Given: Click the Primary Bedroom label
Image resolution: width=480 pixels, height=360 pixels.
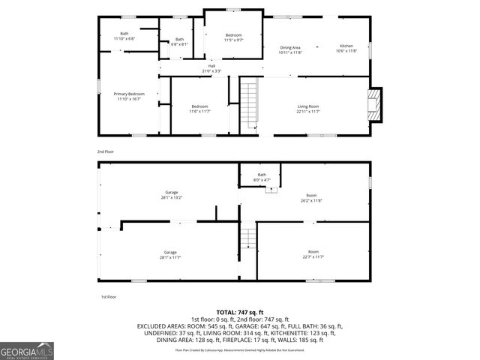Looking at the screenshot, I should pos(129,96).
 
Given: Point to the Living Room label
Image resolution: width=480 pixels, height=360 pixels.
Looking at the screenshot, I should pos(308,109).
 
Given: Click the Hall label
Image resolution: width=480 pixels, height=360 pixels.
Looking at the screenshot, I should pos(211,68).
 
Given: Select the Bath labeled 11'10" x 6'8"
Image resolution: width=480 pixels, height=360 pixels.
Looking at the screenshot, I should pos(124,35).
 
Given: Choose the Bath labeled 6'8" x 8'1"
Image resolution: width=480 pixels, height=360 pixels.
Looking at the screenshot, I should pos(179,41).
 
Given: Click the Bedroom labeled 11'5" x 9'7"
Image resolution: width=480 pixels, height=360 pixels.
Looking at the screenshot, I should pos(234,37).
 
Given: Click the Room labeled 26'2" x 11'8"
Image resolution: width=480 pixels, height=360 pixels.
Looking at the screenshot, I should pos(311,198).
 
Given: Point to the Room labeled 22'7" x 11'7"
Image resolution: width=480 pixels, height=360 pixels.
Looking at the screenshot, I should pos(313,254).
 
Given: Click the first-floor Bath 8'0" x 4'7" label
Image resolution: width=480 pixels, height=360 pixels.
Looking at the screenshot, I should pos(262,177).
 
